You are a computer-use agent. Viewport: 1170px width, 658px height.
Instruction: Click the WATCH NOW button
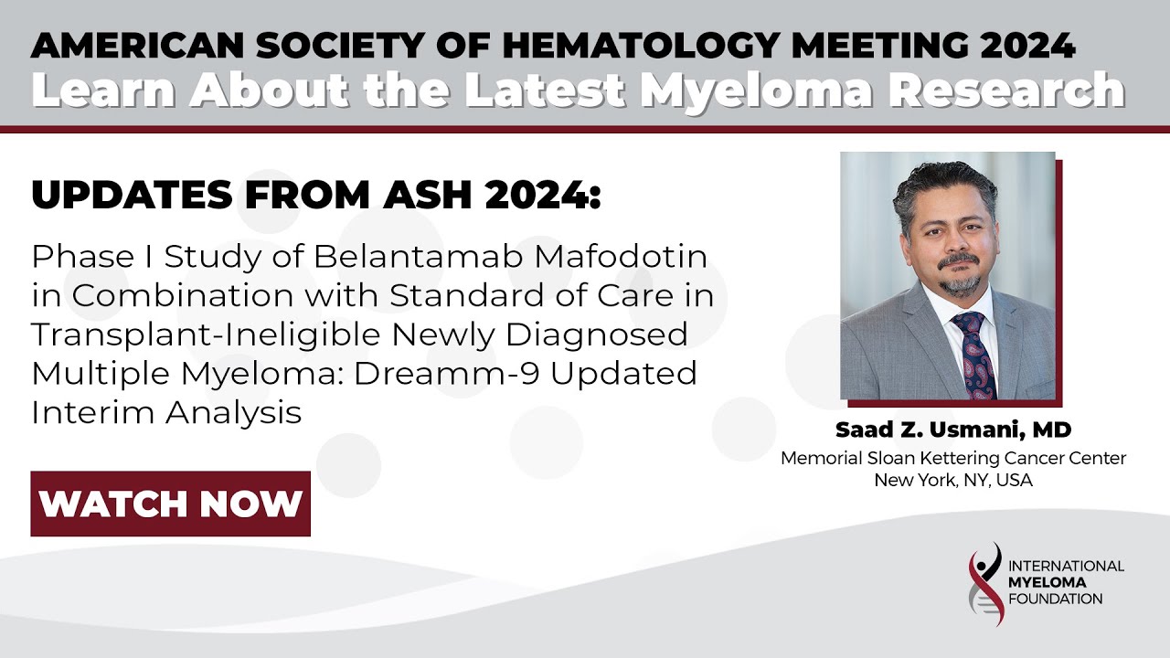click(x=171, y=504)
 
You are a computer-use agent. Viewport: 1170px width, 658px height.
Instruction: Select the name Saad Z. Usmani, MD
click(x=953, y=430)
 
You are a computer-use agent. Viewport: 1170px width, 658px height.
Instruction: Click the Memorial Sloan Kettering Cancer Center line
click(x=953, y=459)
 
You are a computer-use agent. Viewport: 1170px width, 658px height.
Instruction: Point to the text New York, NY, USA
click(x=953, y=481)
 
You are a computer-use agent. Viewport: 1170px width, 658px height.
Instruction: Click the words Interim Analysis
click(x=166, y=412)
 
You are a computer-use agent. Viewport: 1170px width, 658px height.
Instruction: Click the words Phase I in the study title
click(x=77, y=257)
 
